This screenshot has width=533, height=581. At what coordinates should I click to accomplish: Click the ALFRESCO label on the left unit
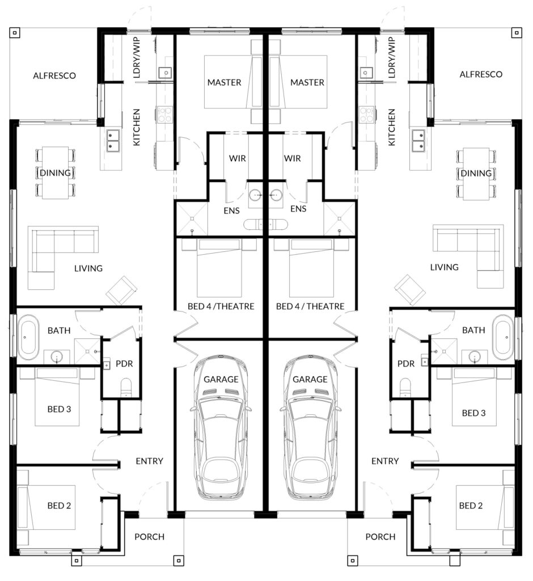54,75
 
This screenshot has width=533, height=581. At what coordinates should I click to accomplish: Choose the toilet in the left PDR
126,388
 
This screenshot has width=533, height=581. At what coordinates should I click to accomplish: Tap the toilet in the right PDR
405,388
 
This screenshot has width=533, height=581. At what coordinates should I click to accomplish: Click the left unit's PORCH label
149,537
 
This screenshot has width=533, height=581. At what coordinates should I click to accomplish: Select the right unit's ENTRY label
385,461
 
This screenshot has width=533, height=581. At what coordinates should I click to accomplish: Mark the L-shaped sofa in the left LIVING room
56,252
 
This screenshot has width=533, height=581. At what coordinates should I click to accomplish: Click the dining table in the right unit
476,174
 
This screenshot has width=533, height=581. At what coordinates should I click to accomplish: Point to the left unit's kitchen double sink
113,141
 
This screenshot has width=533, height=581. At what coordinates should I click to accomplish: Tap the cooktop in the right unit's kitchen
366,114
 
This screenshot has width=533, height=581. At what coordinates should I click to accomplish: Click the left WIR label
238,158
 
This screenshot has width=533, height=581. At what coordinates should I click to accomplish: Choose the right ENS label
298,209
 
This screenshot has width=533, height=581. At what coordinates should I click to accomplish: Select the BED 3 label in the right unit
473,413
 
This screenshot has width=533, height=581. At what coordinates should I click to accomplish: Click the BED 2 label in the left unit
60,506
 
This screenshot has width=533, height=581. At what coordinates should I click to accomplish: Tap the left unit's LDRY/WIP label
137,57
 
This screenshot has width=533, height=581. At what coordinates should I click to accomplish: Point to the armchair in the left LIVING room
121,290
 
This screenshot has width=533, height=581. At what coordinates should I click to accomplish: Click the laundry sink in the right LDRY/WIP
366,72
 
